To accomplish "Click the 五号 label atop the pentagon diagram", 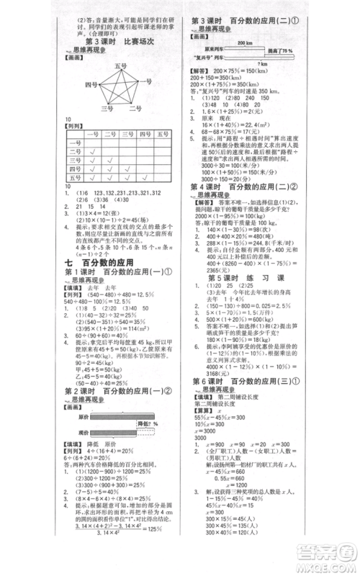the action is [120, 66].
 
